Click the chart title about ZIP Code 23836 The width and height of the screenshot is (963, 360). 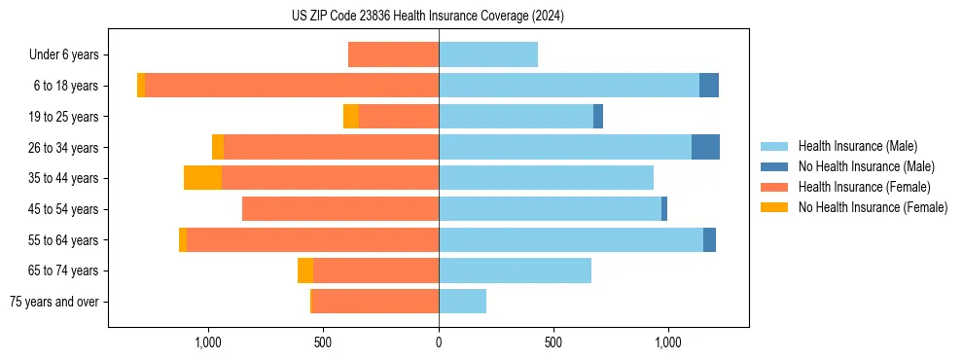tap(428, 17)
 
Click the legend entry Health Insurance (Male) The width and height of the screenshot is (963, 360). tap(857, 146)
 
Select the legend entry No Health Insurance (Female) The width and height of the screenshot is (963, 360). tap(873, 207)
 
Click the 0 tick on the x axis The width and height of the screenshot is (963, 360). tap(439, 342)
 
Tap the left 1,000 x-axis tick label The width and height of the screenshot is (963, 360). tap(209, 342)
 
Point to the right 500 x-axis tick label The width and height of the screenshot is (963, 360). tap(553, 342)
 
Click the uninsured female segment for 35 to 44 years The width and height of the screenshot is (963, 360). tap(202, 178)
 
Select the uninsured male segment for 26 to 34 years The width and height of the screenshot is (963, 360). tap(705, 147)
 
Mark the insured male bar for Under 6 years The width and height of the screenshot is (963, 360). tap(488, 54)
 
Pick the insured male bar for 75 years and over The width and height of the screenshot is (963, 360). tap(462, 302)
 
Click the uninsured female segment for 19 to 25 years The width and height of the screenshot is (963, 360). tap(351, 117)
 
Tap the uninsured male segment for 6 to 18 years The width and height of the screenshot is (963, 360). tap(709, 86)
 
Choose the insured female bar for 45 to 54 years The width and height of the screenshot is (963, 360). tap(340, 209)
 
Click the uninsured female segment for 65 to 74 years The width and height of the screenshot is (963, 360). tap(305, 270)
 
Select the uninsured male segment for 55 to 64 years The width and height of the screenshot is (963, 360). tap(709, 239)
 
